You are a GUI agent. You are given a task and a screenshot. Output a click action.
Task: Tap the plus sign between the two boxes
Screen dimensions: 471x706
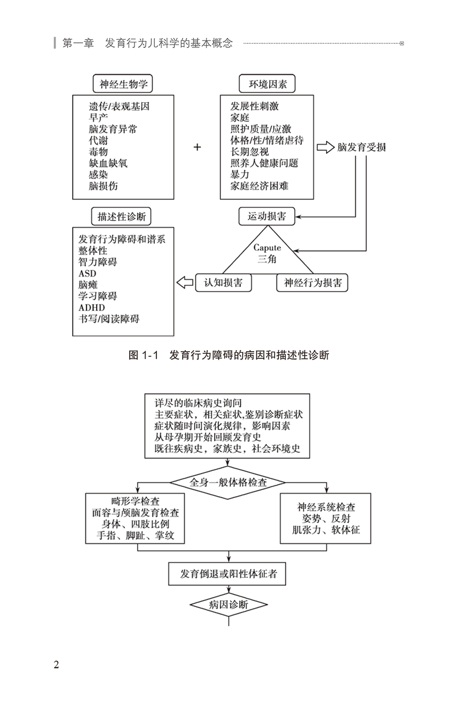(x=197, y=147)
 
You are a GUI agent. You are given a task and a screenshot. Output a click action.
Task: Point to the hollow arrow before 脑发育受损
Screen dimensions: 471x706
(x=326, y=147)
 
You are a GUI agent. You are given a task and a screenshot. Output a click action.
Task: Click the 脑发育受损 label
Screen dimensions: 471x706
(x=361, y=147)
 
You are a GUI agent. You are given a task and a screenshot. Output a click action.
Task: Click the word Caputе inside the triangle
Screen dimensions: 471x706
(x=267, y=248)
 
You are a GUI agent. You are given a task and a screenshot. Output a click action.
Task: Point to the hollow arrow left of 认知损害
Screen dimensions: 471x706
(x=185, y=282)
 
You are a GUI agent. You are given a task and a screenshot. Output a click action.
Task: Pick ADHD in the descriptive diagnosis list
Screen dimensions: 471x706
(x=92, y=308)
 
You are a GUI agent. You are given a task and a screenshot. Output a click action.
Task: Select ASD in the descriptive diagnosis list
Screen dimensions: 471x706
(x=87, y=274)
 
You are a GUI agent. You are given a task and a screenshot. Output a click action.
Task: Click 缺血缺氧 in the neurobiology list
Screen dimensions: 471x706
(x=108, y=163)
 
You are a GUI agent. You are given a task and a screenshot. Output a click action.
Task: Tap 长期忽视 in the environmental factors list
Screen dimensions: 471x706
(x=250, y=152)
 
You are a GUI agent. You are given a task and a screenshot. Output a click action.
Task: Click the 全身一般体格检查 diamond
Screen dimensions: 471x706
(x=228, y=483)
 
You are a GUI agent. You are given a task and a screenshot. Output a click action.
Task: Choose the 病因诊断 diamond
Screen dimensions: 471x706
(x=229, y=604)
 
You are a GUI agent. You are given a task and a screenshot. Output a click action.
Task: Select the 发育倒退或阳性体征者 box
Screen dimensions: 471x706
(x=227, y=574)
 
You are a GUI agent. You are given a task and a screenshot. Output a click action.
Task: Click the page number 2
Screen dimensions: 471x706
(x=57, y=665)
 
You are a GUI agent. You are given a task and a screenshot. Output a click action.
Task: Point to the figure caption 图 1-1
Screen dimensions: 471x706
(x=143, y=355)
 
